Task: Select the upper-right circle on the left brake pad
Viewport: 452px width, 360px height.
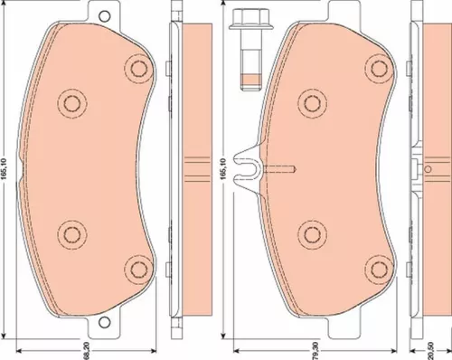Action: (137, 68)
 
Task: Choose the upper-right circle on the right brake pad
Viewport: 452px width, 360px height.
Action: (372, 68)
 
